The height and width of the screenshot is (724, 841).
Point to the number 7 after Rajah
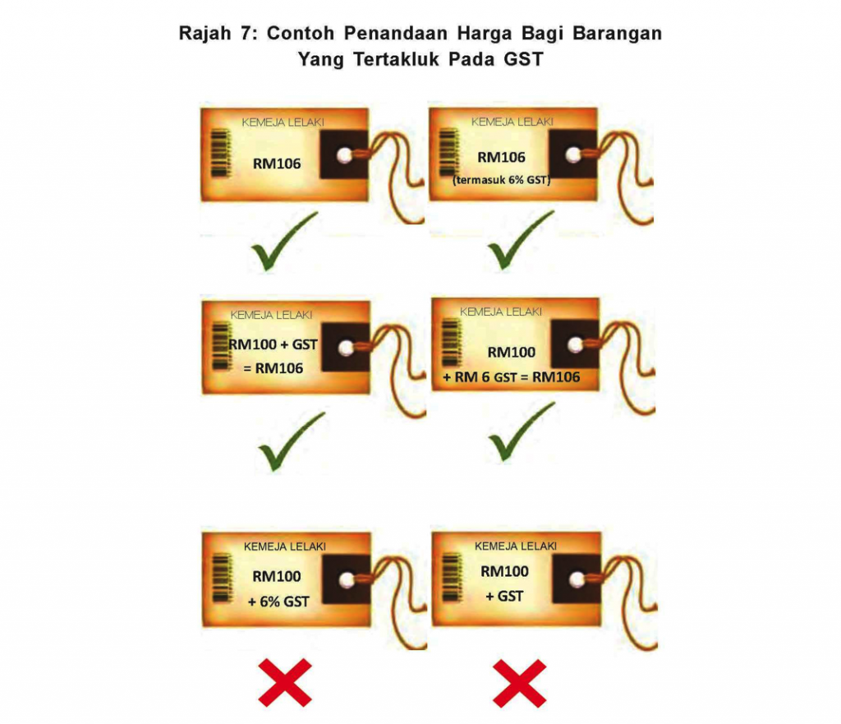pyautogui.click(x=247, y=35)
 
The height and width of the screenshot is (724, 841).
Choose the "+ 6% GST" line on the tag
pyautogui.click(x=278, y=602)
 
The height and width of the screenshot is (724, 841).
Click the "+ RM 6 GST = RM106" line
pyautogui.click(x=511, y=377)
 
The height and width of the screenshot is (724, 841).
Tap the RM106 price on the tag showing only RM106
pyautogui.click(x=277, y=164)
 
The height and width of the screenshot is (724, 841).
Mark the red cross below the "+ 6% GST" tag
pyautogui.click(x=285, y=681)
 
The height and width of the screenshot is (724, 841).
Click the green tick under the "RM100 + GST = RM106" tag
pyautogui.click(x=291, y=442)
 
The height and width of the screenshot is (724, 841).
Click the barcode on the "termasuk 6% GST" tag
pyautogui.click(x=448, y=152)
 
